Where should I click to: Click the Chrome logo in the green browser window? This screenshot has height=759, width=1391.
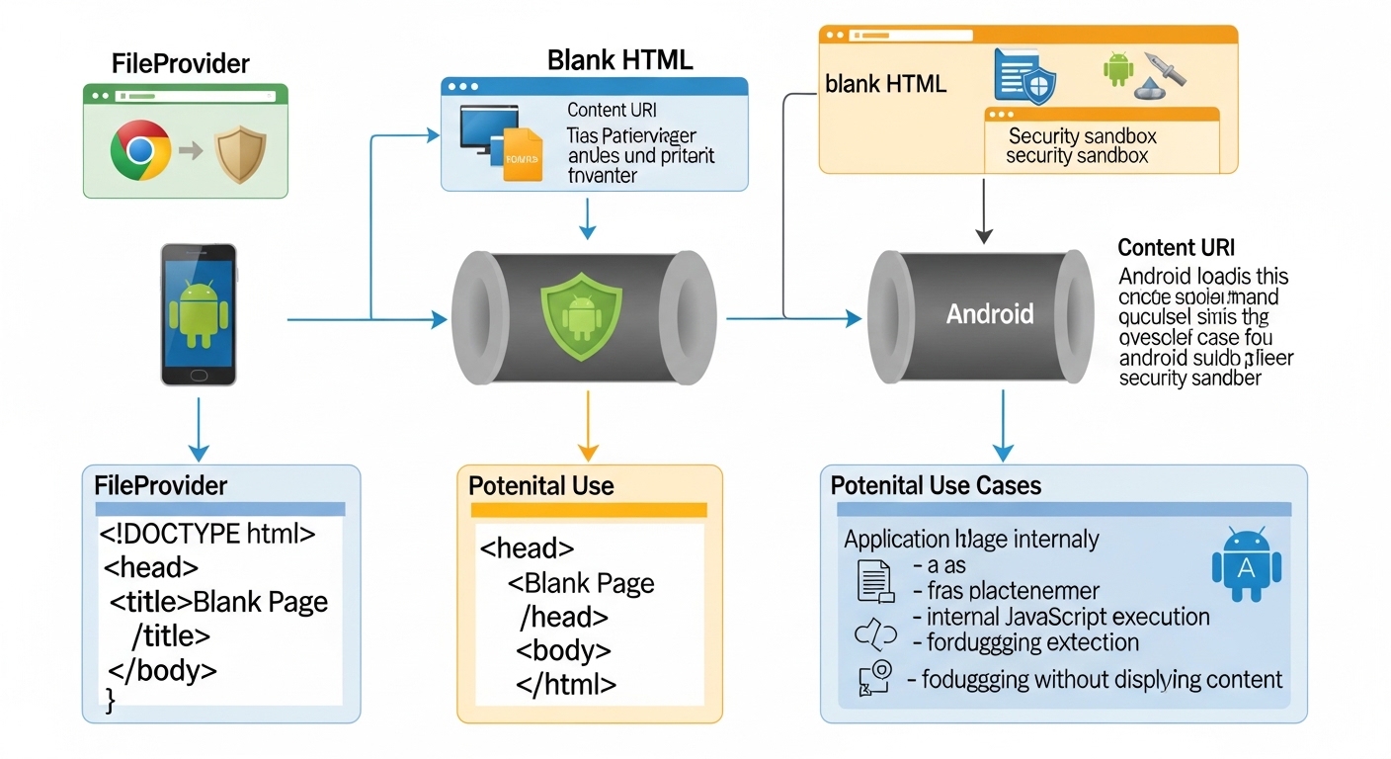click(140, 150)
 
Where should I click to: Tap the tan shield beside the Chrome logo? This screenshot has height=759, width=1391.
click(240, 151)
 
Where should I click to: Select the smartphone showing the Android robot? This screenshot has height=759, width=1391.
click(199, 314)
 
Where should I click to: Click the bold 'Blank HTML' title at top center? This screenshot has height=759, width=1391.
click(619, 59)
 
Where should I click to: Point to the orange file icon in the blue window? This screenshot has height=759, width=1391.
click(522, 155)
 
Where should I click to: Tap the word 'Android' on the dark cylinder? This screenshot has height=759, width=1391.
click(989, 314)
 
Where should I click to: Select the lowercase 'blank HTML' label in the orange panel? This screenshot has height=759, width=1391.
click(885, 84)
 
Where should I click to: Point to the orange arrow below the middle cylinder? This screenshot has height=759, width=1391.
click(588, 426)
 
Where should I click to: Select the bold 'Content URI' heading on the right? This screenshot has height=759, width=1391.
click(1176, 248)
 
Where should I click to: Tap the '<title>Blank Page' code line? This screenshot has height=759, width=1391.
click(218, 601)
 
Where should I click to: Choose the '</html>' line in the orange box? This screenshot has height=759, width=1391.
click(567, 684)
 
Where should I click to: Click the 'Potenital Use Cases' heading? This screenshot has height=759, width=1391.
click(936, 485)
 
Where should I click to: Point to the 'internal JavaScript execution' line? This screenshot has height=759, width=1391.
click(1068, 617)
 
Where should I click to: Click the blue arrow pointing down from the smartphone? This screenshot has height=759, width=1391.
click(199, 428)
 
